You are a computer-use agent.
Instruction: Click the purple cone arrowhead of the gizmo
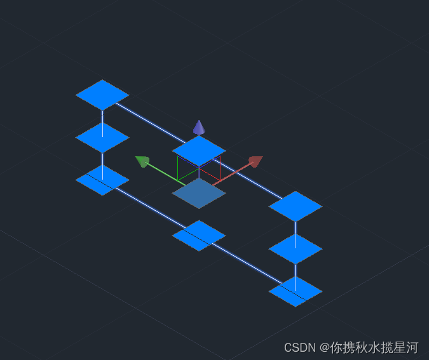(x=199, y=128)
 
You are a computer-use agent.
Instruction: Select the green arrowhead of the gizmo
(x=143, y=161)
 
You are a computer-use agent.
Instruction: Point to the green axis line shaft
(x=164, y=173)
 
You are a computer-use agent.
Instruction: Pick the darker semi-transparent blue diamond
(x=199, y=194)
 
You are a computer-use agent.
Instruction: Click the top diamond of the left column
(x=102, y=95)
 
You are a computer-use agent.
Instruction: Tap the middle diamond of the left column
(x=102, y=137)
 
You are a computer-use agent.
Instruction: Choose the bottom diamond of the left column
(x=102, y=180)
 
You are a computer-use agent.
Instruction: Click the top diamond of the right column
(x=296, y=206)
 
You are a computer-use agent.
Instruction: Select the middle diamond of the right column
(x=296, y=249)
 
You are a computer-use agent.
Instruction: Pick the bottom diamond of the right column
(x=296, y=291)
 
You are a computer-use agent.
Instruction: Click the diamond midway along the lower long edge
(x=199, y=236)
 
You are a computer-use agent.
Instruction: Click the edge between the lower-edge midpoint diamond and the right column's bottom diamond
(x=247, y=263)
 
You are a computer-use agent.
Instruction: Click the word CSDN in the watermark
(x=299, y=347)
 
